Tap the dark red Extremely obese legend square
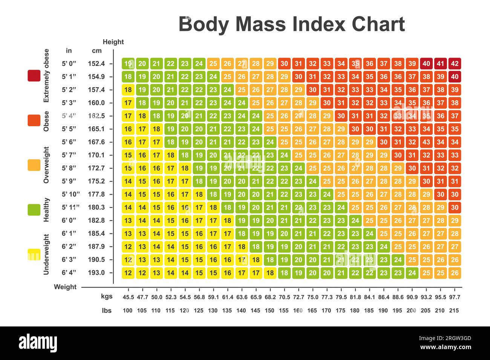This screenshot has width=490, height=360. (34, 75)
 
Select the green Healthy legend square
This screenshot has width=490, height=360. (34, 210)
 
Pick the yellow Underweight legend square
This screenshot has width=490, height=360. (34, 254)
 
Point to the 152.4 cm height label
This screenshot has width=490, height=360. (96, 64)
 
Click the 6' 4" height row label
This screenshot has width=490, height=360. (69, 273)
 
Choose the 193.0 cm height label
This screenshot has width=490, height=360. (96, 273)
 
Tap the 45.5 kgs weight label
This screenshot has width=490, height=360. (128, 297)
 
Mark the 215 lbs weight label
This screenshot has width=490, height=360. (454, 311)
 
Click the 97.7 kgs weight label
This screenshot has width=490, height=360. (455, 297)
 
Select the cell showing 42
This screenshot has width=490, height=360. (455, 64)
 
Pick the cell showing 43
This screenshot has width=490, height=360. (426, 142)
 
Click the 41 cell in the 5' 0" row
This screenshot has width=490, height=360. (440, 64)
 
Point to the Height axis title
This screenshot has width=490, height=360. (113, 42)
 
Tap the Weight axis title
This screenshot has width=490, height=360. (65, 287)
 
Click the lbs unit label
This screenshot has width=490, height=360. (107, 311)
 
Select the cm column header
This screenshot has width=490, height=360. (96, 51)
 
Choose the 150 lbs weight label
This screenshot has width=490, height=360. (269, 311)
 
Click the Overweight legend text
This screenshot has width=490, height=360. (46, 165)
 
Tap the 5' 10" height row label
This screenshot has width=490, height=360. (70, 194)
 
